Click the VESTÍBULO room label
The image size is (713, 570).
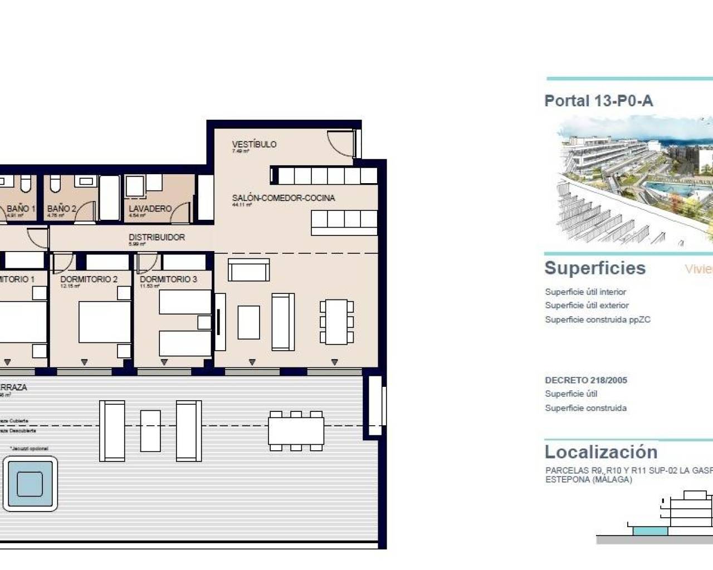254,144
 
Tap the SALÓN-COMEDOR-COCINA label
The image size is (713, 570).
284,198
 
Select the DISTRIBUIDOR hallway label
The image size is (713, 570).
157,237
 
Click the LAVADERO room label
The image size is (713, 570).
150,209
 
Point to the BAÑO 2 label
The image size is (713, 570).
61,209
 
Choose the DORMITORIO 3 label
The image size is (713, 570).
168,279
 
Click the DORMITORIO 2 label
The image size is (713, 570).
89,279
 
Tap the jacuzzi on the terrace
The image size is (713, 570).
30,483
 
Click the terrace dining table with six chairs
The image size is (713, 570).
296,431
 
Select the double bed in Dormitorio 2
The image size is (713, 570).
105,322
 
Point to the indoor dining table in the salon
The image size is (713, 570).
336,322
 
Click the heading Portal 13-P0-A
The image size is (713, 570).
598,101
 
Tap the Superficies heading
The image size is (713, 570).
595,268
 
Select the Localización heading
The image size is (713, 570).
601,451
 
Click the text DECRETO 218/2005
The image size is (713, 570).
586,380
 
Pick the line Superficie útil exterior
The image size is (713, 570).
587,306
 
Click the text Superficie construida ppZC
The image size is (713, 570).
598,320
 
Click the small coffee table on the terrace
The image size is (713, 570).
150,431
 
